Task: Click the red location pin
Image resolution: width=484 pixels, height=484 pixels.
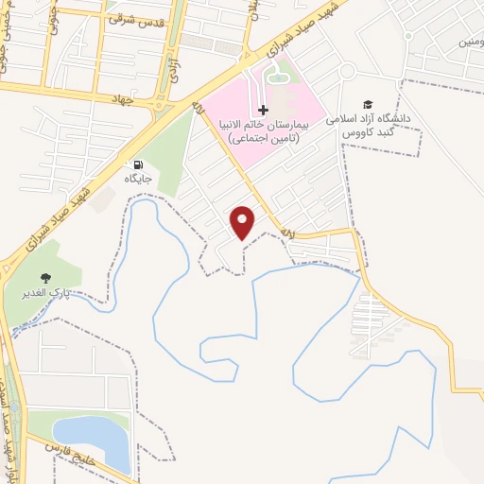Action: (244, 221)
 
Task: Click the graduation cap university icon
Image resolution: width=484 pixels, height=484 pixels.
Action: (367, 105)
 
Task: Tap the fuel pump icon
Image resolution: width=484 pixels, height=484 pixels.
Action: (141, 164)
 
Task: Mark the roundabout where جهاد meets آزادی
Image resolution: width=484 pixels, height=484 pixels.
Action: (163, 104)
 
